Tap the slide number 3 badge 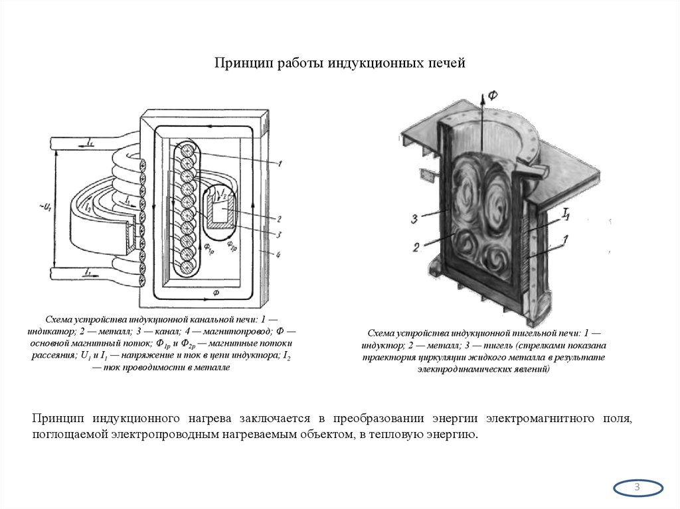[637, 488]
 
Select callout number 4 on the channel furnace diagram [280, 255]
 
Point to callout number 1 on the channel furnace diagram [281, 163]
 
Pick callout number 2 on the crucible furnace [415, 247]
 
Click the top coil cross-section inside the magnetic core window [187, 151]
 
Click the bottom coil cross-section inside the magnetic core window [187, 264]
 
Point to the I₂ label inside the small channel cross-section [224, 194]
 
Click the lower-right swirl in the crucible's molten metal [498, 260]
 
